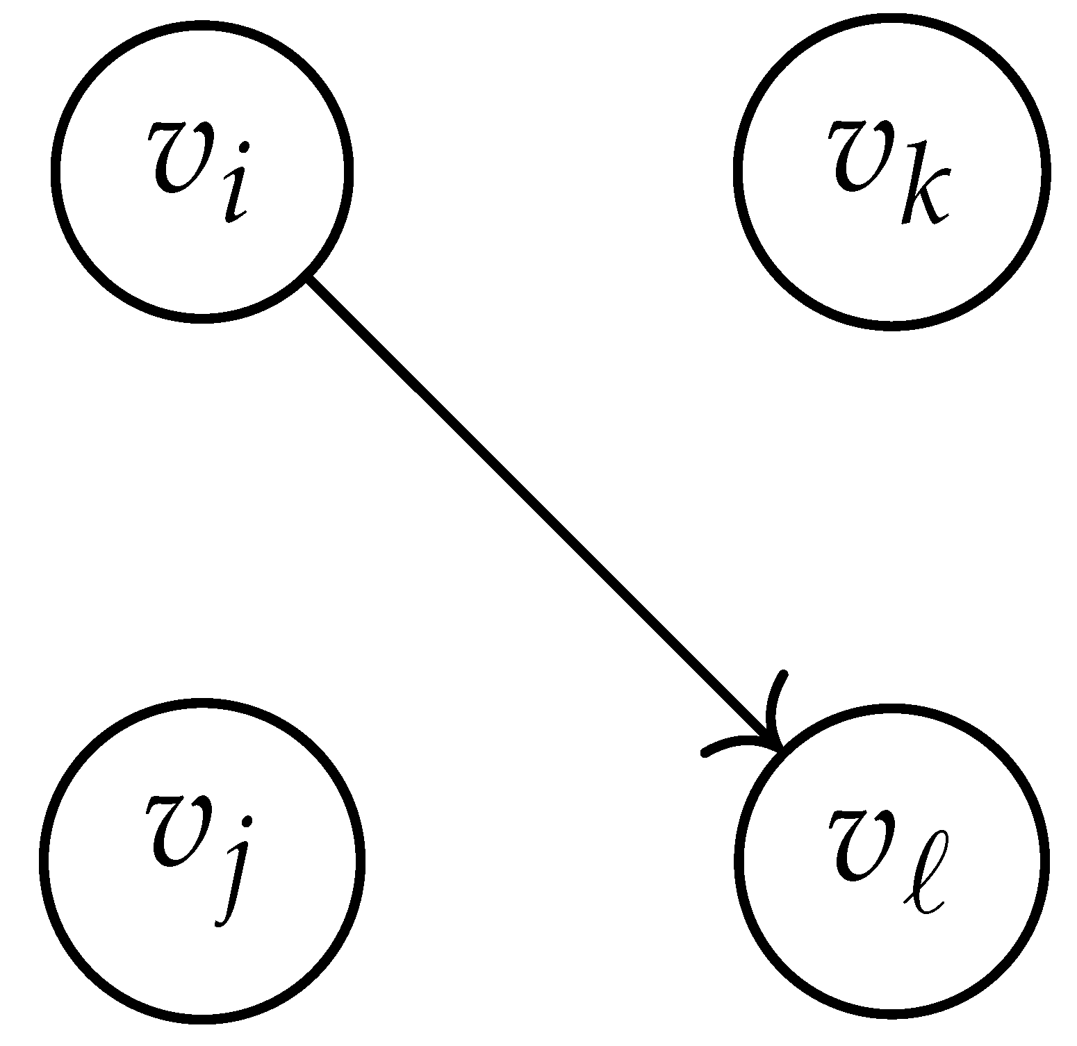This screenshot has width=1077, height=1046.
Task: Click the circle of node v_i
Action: (202, 171)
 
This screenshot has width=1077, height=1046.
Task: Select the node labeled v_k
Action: (891, 171)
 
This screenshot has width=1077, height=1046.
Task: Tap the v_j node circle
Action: (202, 860)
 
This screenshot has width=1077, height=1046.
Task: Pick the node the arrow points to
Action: (891, 860)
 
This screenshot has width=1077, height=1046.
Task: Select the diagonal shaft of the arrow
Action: (542, 510)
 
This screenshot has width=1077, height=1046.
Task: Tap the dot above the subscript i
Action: (244, 147)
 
